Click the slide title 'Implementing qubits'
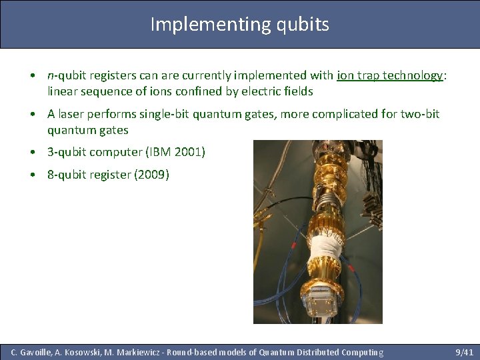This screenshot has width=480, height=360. (x=239, y=24)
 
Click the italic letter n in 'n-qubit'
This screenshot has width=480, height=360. (x=51, y=75)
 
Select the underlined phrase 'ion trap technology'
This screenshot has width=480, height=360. (x=390, y=75)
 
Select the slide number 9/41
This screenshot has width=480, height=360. (x=463, y=352)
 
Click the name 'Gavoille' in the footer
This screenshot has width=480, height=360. (x=37, y=352)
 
